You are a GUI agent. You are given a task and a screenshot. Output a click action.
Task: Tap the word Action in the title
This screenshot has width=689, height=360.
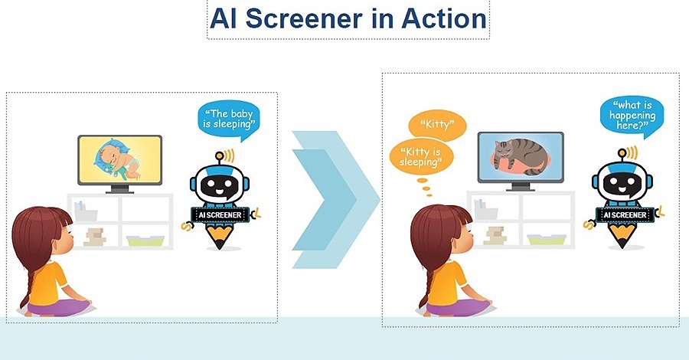pyautogui.click(x=444, y=18)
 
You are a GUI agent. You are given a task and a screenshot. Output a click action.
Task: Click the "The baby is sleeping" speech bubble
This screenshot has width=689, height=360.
pyautogui.click(x=228, y=120)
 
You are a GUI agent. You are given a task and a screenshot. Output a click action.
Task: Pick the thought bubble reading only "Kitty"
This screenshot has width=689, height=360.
pyautogui.click(x=437, y=124)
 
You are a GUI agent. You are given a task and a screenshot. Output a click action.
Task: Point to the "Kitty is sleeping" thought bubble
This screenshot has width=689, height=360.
pyautogui.click(x=420, y=157)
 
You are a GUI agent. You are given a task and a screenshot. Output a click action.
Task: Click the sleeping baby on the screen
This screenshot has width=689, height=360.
pyautogui.click(x=117, y=160)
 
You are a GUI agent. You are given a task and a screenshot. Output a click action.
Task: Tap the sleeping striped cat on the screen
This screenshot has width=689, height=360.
pyautogui.click(x=521, y=156)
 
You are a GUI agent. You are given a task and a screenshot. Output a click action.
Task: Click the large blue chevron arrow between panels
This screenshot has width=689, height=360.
pyautogui.click(x=335, y=200)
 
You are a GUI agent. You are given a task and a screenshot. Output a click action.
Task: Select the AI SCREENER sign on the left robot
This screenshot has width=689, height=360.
pyautogui.click(x=220, y=215)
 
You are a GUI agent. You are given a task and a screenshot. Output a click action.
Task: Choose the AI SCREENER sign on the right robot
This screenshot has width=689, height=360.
pyautogui.click(x=625, y=215)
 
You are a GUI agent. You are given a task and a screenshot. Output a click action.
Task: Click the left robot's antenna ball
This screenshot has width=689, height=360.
pyautogui.click(x=219, y=155)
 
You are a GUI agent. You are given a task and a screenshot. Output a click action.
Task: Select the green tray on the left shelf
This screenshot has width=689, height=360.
pyautogui.click(x=145, y=241)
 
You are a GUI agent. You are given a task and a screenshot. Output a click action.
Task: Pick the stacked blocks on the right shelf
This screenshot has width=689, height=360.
pyautogui.click(x=495, y=236)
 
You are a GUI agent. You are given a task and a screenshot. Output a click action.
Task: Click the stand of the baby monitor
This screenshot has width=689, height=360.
pyautogui.click(x=119, y=189)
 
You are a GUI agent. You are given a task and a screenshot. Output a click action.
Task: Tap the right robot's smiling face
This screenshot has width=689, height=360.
pyautogui.click(x=622, y=184)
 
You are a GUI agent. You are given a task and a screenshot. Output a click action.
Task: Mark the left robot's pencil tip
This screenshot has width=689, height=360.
pyautogui.click(x=219, y=245)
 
